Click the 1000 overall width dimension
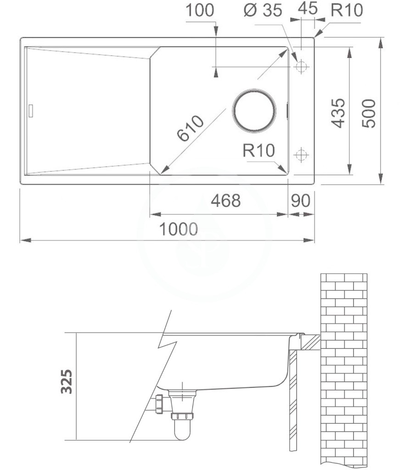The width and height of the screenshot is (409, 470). pos(179,229)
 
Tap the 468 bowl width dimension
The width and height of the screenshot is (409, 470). pos(226,201)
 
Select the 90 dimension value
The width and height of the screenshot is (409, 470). pos(301,201)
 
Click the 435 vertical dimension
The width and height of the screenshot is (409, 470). pos(339,113)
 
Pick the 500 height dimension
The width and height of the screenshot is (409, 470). pos(369,114)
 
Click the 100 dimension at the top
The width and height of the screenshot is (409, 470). pos(200,10)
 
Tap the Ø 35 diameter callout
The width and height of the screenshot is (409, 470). pos(263,11)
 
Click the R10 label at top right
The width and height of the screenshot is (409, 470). pos(347,10)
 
